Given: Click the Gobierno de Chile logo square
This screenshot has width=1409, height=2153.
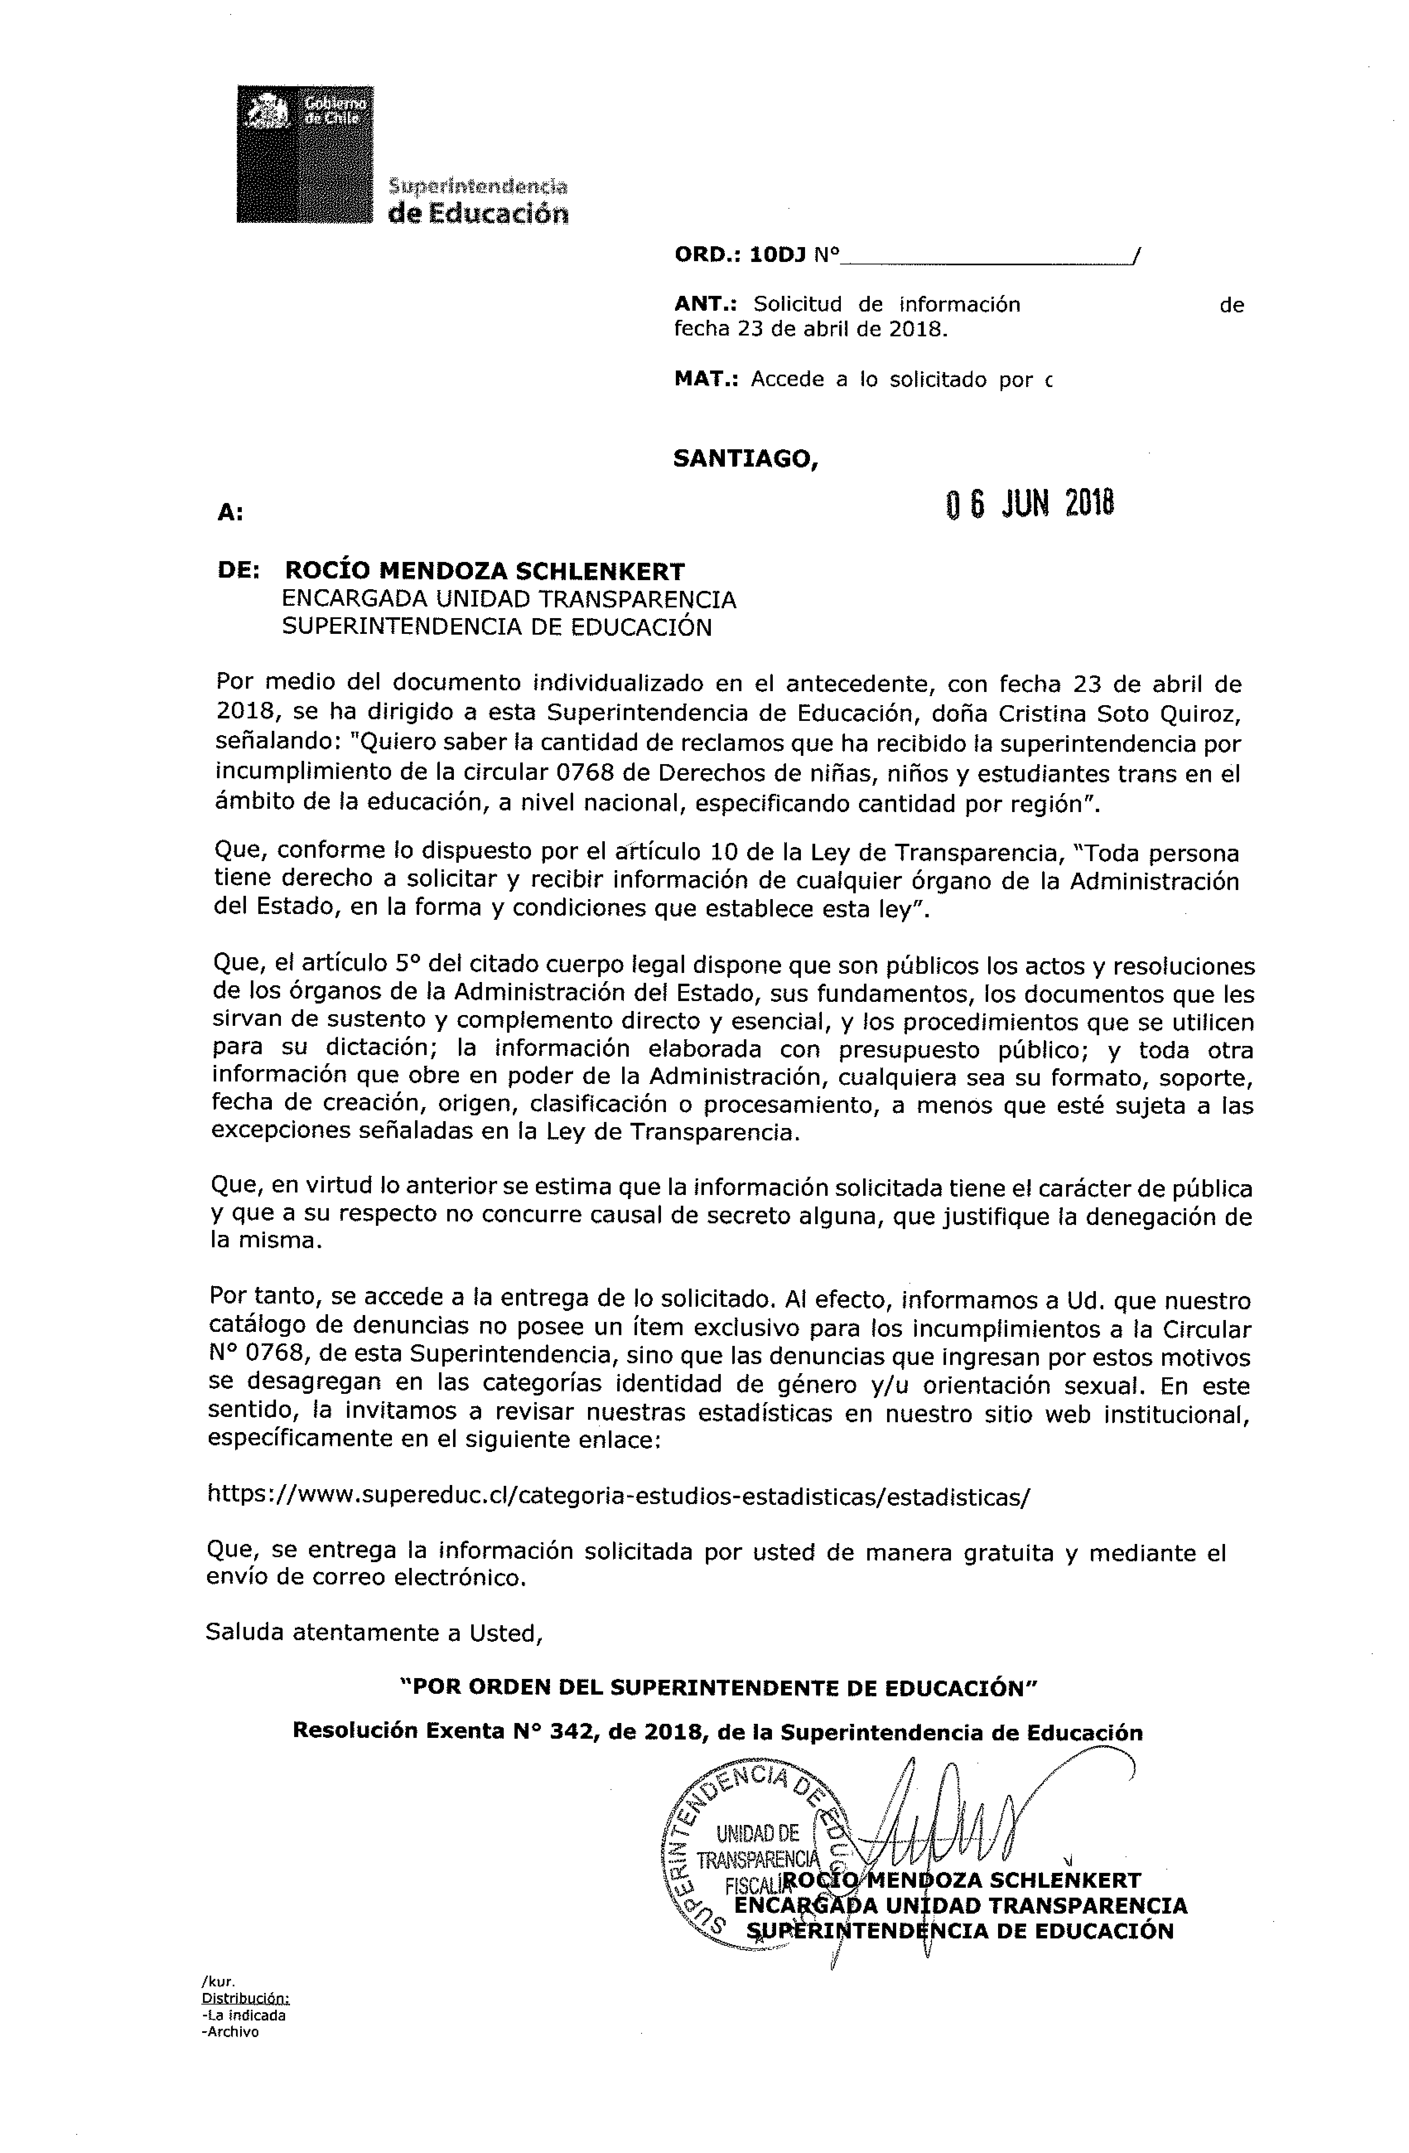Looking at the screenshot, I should click(x=305, y=154).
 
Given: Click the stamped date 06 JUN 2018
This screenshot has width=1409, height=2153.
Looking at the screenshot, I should click(x=1029, y=504).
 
